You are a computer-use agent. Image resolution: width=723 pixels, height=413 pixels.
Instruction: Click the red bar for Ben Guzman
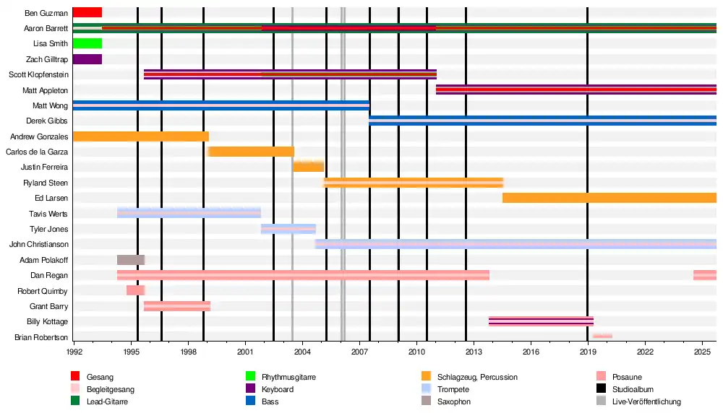pos(87,12)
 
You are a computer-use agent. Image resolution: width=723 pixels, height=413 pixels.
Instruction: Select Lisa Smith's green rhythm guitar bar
pos(87,43)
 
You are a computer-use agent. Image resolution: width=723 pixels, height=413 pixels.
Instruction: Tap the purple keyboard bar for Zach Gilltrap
pos(87,59)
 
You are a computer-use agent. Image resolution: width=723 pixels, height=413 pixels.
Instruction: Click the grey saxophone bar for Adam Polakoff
pos(130,260)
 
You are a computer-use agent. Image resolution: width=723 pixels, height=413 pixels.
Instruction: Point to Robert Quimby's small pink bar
pos(135,290)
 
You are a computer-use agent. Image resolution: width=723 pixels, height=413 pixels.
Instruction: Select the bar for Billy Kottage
pos(541,321)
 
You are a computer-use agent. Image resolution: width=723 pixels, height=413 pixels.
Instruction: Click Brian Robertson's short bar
pos(602,336)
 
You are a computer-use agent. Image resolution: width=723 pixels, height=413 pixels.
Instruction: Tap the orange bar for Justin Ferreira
pos(308,167)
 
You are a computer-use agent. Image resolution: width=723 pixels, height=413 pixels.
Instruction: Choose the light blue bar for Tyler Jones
pos(288,229)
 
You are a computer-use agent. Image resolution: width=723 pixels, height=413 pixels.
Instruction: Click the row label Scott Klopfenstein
pos(38,74)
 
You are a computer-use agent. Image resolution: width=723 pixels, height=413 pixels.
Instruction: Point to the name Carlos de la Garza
pos(37,152)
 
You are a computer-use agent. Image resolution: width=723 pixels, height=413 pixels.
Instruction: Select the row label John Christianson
pos(38,244)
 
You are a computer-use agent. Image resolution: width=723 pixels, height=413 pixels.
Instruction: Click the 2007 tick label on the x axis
pos(359,352)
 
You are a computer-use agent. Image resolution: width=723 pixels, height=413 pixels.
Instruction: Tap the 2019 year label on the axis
pos(588,352)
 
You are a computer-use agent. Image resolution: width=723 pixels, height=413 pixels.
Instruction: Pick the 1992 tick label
pos(74,352)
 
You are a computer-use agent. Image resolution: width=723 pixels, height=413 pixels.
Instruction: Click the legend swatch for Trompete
pos(427,389)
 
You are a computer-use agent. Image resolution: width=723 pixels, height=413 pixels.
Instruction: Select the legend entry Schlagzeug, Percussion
pos(477,377)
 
